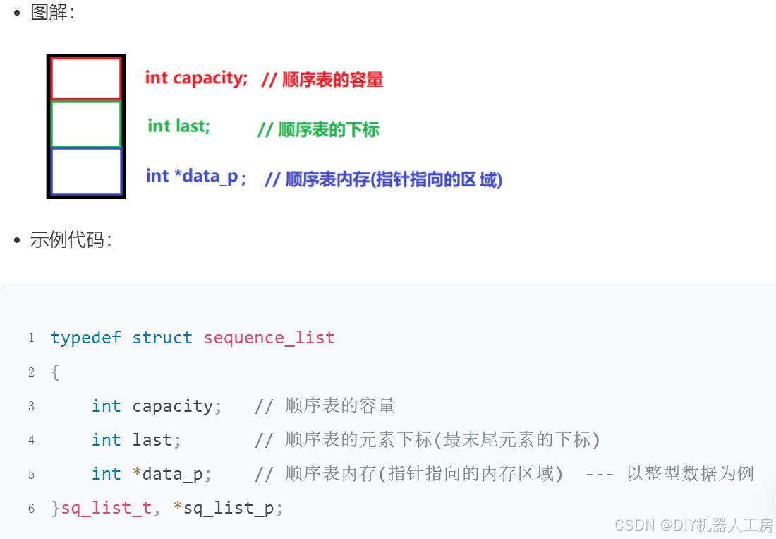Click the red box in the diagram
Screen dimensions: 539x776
(86, 78)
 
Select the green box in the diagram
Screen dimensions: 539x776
(86, 124)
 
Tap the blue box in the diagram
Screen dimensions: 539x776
(86, 170)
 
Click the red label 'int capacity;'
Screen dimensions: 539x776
(196, 78)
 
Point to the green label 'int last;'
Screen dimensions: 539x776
(178, 126)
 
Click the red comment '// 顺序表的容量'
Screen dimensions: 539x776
(322, 79)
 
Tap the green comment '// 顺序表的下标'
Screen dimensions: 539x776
(318, 129)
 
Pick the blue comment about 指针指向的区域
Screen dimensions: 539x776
(383, 179)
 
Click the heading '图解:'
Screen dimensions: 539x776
(52, 12)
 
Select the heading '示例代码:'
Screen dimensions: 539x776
(71, 240)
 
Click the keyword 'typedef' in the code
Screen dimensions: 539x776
(86, 338)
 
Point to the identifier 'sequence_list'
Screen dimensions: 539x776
(269, 338)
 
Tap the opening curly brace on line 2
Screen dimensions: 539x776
(55, 372)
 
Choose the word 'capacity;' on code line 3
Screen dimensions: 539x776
(177, 406)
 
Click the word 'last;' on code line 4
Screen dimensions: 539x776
(157, 440)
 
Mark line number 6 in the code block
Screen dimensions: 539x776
(31, 509)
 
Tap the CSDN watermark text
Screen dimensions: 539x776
(693, 525)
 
